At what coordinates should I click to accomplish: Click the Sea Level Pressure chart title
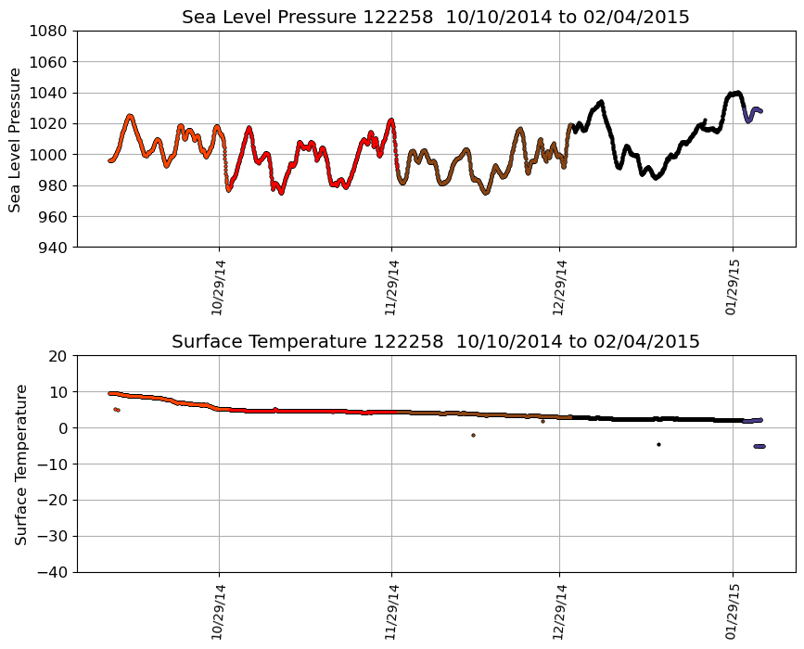tap(435, 18)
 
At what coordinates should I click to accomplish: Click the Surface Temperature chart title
tap(435, 342)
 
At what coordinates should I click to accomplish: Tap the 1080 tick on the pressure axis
tap(47, 32)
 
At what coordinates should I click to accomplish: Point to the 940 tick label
tap(52, 248)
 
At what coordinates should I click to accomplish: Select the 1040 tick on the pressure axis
tap(47, 93)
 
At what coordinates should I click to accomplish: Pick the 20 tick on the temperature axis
tap(57, 356)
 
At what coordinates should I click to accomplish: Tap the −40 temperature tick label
tap(52, 572)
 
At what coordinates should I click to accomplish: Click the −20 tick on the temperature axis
tap(52, 500)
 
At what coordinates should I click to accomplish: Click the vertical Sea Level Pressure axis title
tap(16, 139)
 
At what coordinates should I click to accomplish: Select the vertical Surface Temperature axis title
tap(20, 464)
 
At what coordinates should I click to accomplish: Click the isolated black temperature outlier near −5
tap(658, 444)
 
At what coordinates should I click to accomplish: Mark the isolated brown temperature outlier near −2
tap(473, 435)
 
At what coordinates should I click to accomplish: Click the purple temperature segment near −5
tap(759, 446)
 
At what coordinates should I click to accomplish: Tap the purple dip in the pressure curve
tap(748, 121)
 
